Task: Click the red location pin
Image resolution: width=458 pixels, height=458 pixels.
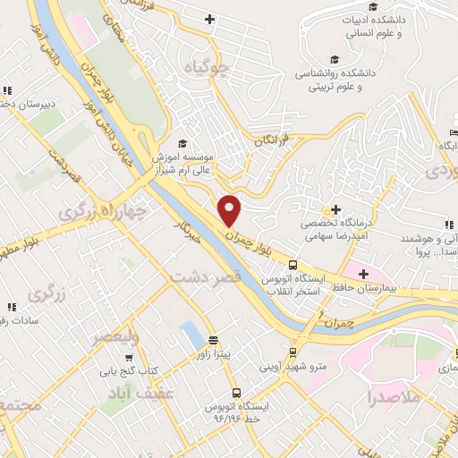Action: [231, 210]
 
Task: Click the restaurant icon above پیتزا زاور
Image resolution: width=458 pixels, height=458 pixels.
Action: [213, 340]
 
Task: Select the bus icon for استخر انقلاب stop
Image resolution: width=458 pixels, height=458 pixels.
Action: [293, 265]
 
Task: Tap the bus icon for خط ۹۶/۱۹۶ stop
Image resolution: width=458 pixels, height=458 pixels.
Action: [236, 392]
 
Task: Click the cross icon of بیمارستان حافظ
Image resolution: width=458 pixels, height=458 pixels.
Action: [363, 273]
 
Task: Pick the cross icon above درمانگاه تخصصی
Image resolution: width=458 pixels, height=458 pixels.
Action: [335, 208]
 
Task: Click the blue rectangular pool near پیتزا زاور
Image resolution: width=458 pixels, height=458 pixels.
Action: [190, 335]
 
